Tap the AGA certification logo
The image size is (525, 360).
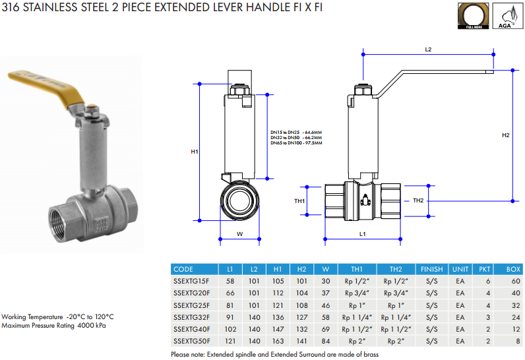pos(507,16)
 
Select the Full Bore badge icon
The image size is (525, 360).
pos(473,16)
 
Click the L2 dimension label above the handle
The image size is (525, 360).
pos(428,49)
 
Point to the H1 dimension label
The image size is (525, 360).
pos(195,152)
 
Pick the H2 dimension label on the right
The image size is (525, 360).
pos(506,135)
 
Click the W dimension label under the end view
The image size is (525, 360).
pos(239,234)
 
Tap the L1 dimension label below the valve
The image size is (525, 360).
pos(363,234)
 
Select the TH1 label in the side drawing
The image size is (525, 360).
pos(299,201)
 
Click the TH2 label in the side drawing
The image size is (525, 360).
pos(418,200)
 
